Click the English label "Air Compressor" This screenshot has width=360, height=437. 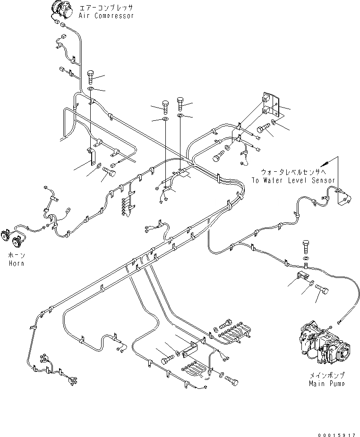coord(107,16)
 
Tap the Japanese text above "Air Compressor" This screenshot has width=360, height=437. coord(107,8)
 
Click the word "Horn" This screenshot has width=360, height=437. coord(16,263)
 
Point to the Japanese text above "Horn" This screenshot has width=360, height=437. coord(16,255)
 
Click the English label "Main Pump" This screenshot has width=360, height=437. coord(326,383)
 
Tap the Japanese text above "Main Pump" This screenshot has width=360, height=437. coord(326,375)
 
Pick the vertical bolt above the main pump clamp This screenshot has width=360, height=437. coord(306,245)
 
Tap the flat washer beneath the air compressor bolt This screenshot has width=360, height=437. coord(90,89)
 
